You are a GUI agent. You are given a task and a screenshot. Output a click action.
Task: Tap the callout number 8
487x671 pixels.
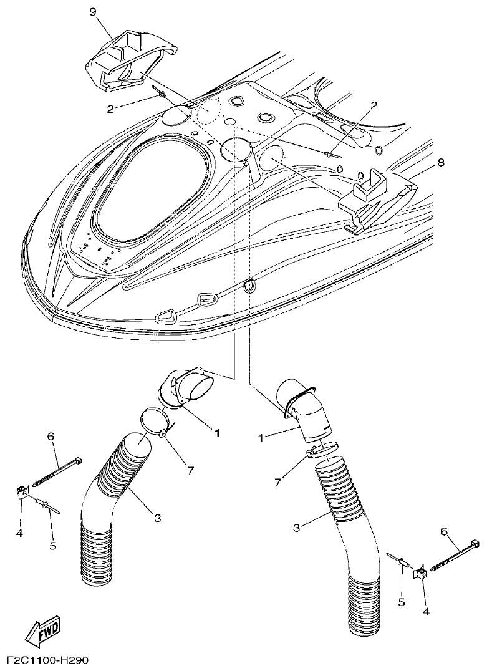tap(441, 163)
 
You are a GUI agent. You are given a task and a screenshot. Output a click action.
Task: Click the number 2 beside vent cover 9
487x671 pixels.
tap(110, 109)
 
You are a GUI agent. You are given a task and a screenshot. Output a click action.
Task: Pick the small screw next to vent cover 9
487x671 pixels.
tap(161, 94)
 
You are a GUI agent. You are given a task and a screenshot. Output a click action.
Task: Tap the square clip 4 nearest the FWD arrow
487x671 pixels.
tap(21, 493)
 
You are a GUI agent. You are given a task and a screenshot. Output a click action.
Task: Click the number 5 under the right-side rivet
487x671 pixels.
tap(402, 602)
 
